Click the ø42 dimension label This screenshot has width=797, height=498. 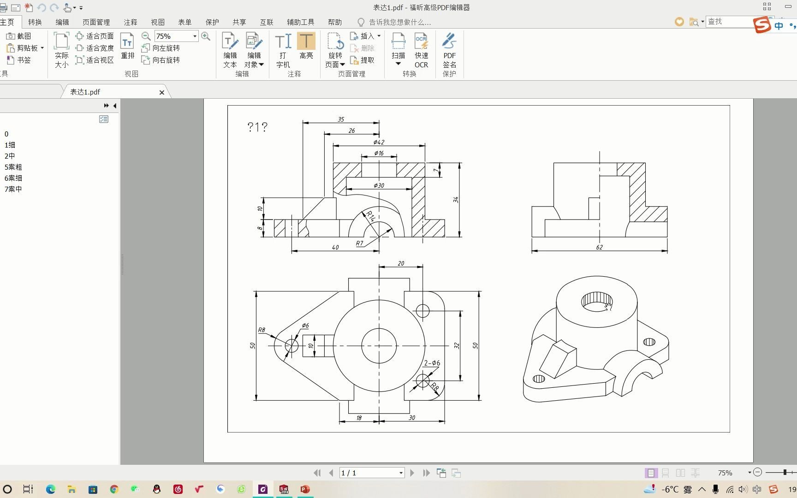coord(379,142)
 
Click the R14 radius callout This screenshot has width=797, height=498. coord(370,216)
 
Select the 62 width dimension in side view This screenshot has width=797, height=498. coord(599,247)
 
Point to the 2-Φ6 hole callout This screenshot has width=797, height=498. coord(432,363)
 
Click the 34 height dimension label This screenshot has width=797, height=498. coord(456,200)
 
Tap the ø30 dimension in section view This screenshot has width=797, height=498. coord(379,185)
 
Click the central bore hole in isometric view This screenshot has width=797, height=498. coord(596,301)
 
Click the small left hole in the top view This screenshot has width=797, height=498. coord(291,345)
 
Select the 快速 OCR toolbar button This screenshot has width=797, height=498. coord(421,50)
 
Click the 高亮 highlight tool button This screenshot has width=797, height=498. coord(306,46)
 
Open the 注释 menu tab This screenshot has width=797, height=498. coord(131,22)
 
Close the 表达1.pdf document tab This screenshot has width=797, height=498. coord(162,92)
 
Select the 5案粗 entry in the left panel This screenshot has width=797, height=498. coord(13,167)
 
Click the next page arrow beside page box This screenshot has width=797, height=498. coord(412,473)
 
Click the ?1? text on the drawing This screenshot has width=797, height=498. coord(257,127)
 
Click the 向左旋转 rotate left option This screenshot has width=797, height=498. coord(161,48)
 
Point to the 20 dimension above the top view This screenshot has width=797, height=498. coord(401,263)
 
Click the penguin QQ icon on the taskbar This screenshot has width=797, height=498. coord(157,489)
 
